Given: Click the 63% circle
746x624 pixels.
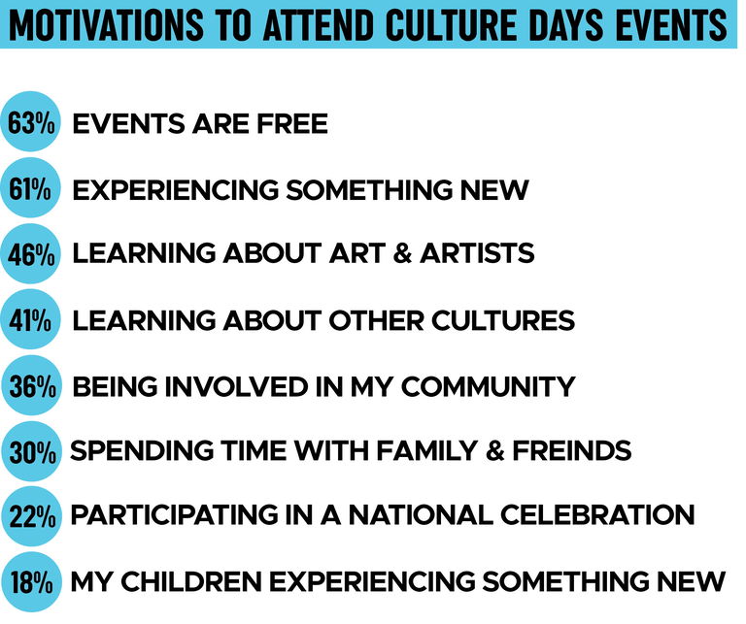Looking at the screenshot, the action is tap(30, 121).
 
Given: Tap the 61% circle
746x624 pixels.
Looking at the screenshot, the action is tap(30, 187).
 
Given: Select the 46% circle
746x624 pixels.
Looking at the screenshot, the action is tap(30, 254).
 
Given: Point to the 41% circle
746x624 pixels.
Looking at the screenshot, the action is tap(30, 319).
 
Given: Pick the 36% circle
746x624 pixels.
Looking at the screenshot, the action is tap(31, 385).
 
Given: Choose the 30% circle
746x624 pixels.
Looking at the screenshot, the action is tap(31, 451).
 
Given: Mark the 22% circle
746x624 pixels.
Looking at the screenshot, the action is tap(31, 516).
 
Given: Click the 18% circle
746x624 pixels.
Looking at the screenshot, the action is tap(31, 582).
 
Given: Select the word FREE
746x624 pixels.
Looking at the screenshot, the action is tap(292, 123).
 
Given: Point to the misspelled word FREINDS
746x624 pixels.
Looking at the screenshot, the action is tap(571, 450).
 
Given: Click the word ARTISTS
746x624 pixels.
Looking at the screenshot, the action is tap(477, 253).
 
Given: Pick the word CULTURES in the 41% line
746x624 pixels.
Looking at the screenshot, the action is tap(503, 320).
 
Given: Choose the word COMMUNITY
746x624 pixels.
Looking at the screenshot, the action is tap(489, 386).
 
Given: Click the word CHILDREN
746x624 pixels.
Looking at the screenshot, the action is tap(190, 581).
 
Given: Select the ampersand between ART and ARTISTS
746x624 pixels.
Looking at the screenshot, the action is tap(402, 253).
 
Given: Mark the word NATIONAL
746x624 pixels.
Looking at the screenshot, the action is tap(421, 514).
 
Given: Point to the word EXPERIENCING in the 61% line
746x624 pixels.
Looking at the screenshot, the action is tap(176, 189).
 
